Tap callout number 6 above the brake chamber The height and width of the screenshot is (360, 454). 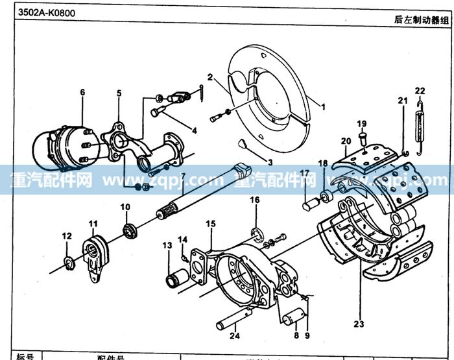pyautogui.click(x=82, y=92)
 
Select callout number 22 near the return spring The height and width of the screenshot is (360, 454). pyautogui.click(x=420, y=90)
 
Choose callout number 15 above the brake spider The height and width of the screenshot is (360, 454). pyautogui.click(x=210, y=224)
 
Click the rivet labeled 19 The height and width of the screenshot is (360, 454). pyautogui.click(x=363, y=138)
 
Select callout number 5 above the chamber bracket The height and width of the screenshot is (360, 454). pyautogui.click(x=119, y=93)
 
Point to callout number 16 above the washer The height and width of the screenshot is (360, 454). pyautogui.click(x=255, y=200)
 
